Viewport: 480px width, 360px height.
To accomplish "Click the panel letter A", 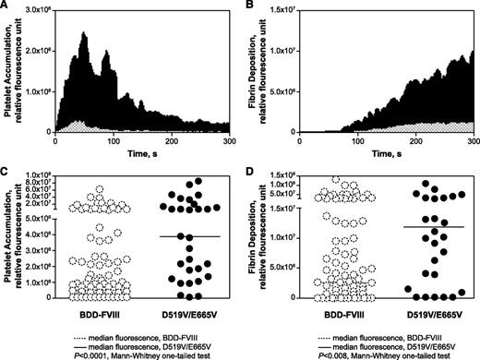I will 6,6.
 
